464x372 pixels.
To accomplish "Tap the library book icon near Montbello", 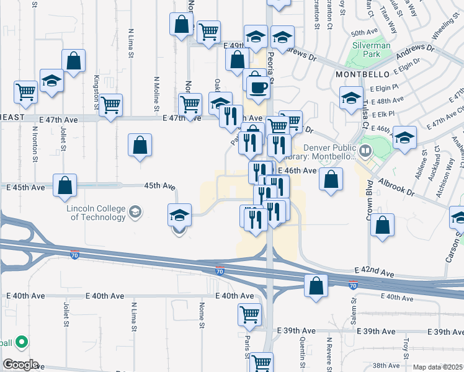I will (365, 149).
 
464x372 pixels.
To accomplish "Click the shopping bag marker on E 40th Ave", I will (316, 286).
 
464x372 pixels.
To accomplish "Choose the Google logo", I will (20, 365).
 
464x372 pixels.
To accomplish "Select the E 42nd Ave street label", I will (374, 272).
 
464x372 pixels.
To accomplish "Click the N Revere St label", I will (330, 355).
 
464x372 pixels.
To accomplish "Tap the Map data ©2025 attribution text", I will (437, 367).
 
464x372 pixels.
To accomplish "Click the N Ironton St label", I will (34, 146).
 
